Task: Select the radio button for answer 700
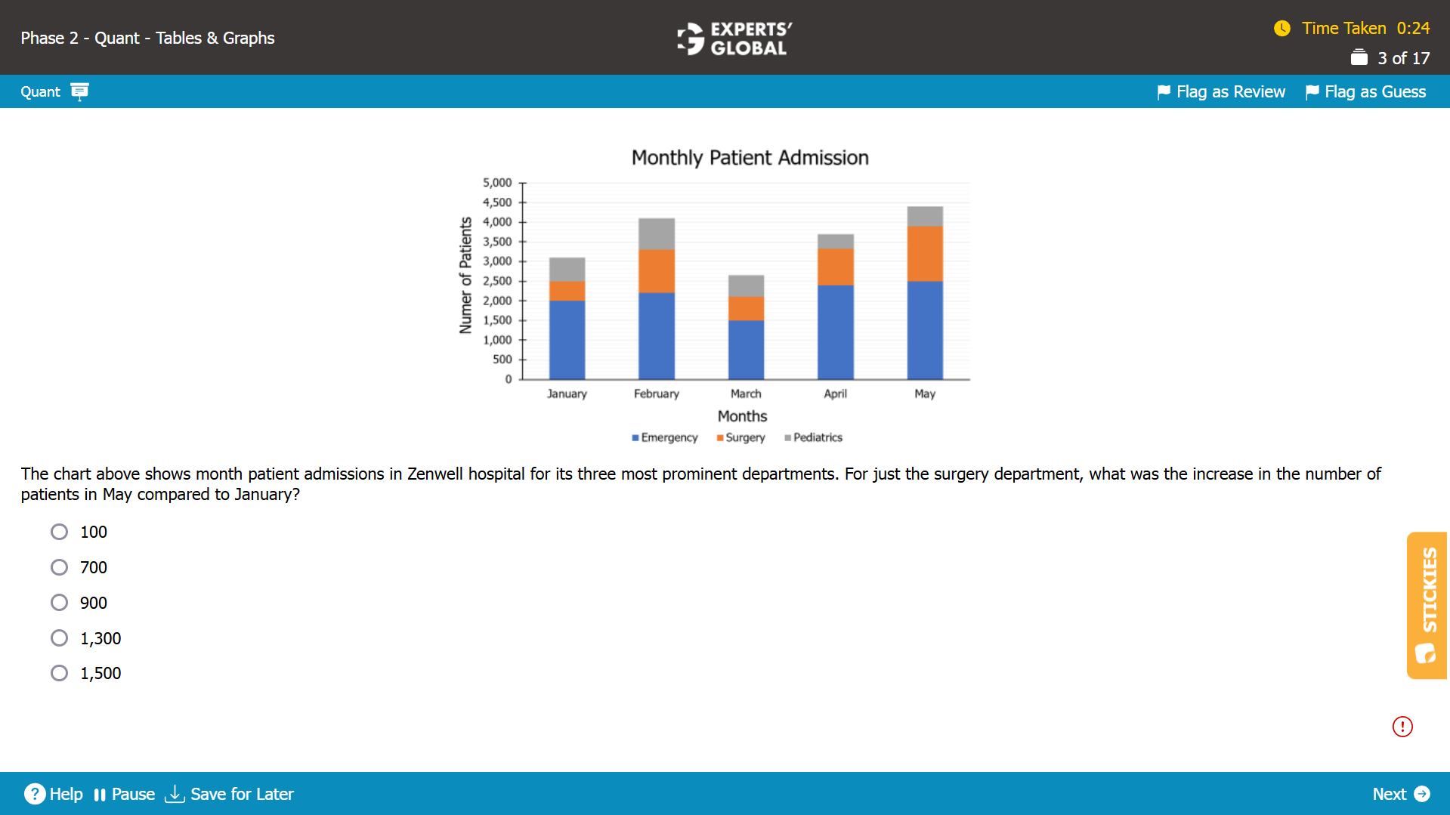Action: [59, 567]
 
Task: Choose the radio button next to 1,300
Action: [59, 638]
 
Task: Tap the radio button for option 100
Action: [59, 532]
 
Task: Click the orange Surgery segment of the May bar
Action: [925, 254]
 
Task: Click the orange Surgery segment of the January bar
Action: [567, 291]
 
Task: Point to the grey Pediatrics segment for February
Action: [657, 234]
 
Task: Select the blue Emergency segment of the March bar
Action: [746, 350]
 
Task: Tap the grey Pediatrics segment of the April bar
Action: [836, 242]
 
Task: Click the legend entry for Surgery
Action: [740, 437]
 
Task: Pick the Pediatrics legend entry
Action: [813, 437]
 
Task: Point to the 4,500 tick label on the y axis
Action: [497, 202]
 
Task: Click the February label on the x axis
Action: [657, 394]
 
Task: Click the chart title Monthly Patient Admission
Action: [750, 157]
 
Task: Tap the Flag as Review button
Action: [1221, 91]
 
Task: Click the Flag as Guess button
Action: [1366, 91]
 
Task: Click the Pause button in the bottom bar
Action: [124, 794]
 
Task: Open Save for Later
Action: [229, 794]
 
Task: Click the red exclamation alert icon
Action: [1402, 727]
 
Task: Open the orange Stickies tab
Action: [1427, 605]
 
